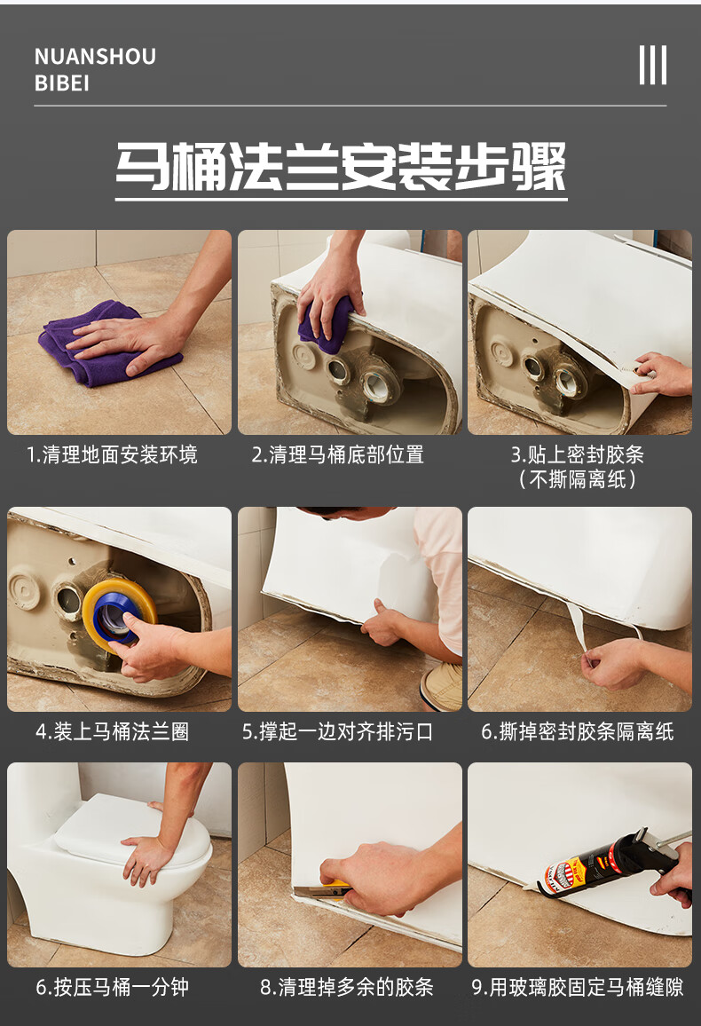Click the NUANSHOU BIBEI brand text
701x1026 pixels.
coord(95,69)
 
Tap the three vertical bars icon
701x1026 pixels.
coord(652,65)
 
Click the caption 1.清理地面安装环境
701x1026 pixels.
coord(112,455)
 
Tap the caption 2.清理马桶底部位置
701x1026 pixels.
coord(337,455)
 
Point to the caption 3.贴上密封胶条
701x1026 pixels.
coord(577,455)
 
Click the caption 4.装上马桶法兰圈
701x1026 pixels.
coord(112,732)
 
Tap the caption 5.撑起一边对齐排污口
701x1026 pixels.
coord(338,732)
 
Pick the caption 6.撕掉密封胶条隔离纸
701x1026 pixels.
coord(578,732)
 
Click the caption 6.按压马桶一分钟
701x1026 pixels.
coord(112,987)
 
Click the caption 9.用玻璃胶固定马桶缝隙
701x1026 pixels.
coord(578,987)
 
